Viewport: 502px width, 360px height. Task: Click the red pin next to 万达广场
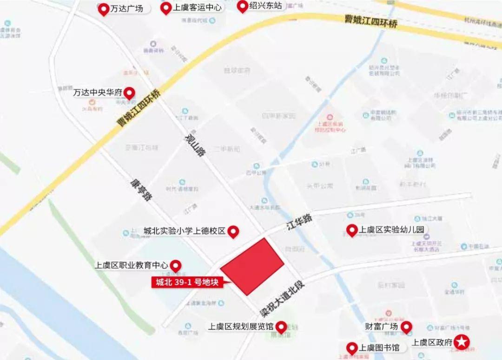click(x=103, y=9)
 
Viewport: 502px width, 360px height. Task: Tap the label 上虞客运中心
click(x=197, y=8)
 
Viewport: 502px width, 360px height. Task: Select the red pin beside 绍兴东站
click(x=242, y=6)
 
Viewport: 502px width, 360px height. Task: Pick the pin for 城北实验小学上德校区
click(x=233, y=231)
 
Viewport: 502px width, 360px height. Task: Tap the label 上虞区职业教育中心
click(x=132, y=266)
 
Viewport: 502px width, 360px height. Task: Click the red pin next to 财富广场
click(x=407, y=327)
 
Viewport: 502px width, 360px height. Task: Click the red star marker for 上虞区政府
click(x=462, y=343)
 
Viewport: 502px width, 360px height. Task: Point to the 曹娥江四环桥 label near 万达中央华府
click(x=139, y=108)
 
